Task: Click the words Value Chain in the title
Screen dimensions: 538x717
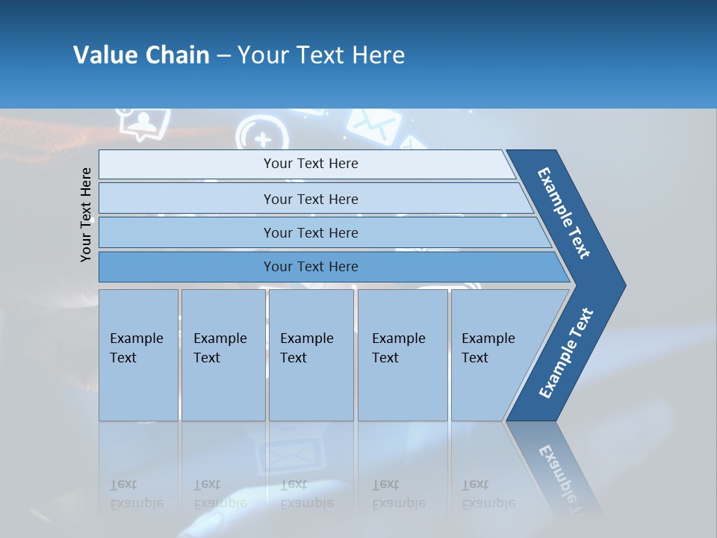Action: tap(141, 55)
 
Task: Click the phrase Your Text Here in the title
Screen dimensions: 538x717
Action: tap(321, 55)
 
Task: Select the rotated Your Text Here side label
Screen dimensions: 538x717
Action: tap(86, 214)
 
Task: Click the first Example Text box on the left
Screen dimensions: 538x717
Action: tap(138, 355)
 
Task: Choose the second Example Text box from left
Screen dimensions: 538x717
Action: tap(223, 355)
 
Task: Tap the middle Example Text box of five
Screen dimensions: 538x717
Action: tap(311, 355)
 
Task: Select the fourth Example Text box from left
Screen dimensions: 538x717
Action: tap(402, 355)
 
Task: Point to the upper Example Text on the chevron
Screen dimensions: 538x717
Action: tap(564, 212)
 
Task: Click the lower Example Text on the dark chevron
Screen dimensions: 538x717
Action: tap(565, 353)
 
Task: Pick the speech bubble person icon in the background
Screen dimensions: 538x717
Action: tap(143, 123)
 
